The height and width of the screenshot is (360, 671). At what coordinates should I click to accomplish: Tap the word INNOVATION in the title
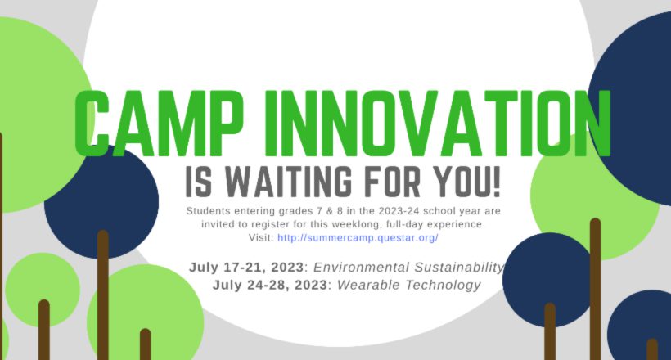[437, 124]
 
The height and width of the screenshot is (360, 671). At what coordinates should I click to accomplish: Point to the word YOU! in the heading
[466, 182]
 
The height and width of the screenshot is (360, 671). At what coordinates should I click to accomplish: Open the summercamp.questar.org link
[358, 237]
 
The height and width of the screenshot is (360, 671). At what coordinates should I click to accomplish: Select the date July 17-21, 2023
[246, 267]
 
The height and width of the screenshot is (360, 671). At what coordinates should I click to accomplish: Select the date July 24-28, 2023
[270, 285]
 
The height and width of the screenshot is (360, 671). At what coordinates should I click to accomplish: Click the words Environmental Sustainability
[408, 268]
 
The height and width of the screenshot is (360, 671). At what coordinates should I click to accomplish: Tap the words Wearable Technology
[409, 285]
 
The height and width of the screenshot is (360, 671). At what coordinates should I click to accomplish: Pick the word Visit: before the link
[261, 237]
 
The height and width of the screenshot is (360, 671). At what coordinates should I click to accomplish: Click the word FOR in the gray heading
[394, 182]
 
